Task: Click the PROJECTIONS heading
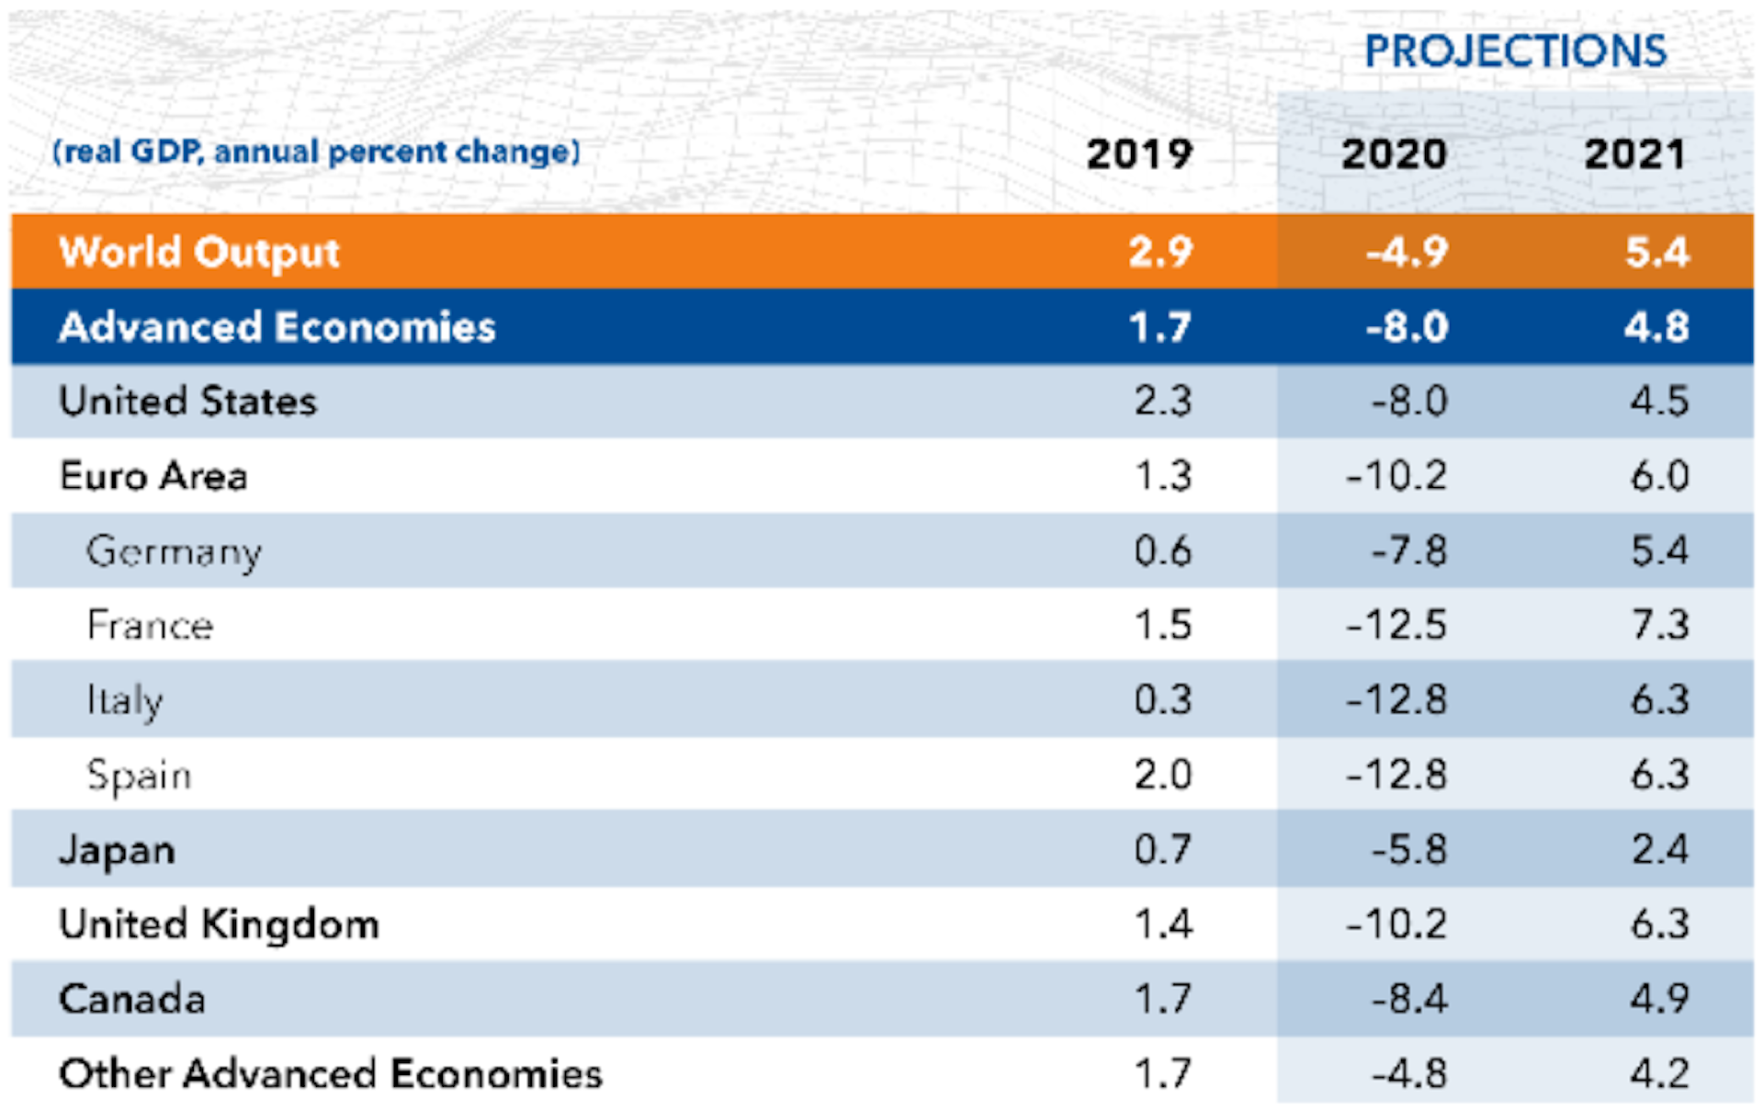coord(1515,51)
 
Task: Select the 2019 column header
coord(1139,153)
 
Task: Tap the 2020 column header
coord(1394,153)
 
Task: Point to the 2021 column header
coord(1634,153)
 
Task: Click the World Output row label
coord(199,252)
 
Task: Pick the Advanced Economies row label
coord(277,327)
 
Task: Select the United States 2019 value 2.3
coord(1162,402)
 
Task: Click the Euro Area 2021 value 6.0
coord(1659,476)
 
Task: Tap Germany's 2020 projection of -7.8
coord(1409,551)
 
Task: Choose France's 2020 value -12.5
coord(1396,626)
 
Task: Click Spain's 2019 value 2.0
coord(1162,775)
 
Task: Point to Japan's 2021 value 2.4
coord(1659,849)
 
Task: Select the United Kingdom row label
coord(219,924)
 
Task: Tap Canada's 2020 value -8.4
coord(1409,999)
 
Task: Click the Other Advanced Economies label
coord(331,1073)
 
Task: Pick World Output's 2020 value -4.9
coord(1408,252)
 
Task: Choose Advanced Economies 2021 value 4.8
coord(1657,327)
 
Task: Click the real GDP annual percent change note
coord(317,152)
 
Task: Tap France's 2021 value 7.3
coord(1659,626)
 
